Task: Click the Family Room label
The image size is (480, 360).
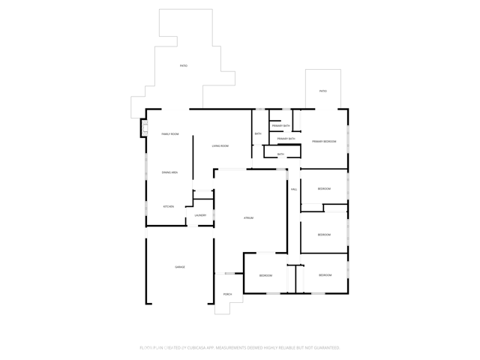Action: click(x=170, y=134)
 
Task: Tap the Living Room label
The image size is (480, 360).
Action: click(x=220, y=145)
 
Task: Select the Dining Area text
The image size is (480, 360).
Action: click(x=169, y=172)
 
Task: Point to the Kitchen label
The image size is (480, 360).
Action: click(x=169, y=206)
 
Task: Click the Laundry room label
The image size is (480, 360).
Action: click(x=200, y=215)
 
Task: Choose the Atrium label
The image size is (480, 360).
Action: click(x=248, y=217)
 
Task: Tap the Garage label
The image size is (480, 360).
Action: click(x=180, y=267)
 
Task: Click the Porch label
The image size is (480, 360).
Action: click(x=227, y=294)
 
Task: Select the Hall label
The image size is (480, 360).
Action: click(x=294, y=190)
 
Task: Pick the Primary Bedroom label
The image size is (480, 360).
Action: click(x=324, y=142)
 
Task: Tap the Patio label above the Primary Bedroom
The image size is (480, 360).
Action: click(x=323, y=91)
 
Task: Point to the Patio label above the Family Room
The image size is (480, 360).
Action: click(x=184, y=66)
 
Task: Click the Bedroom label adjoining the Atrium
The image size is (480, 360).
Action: click(x=265, y=275)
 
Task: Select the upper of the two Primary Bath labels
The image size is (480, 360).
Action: click(x=281, y=126)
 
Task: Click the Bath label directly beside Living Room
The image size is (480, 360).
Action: click(x=257, y=134)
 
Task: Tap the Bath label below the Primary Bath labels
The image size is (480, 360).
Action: click(x=280, y=154)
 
